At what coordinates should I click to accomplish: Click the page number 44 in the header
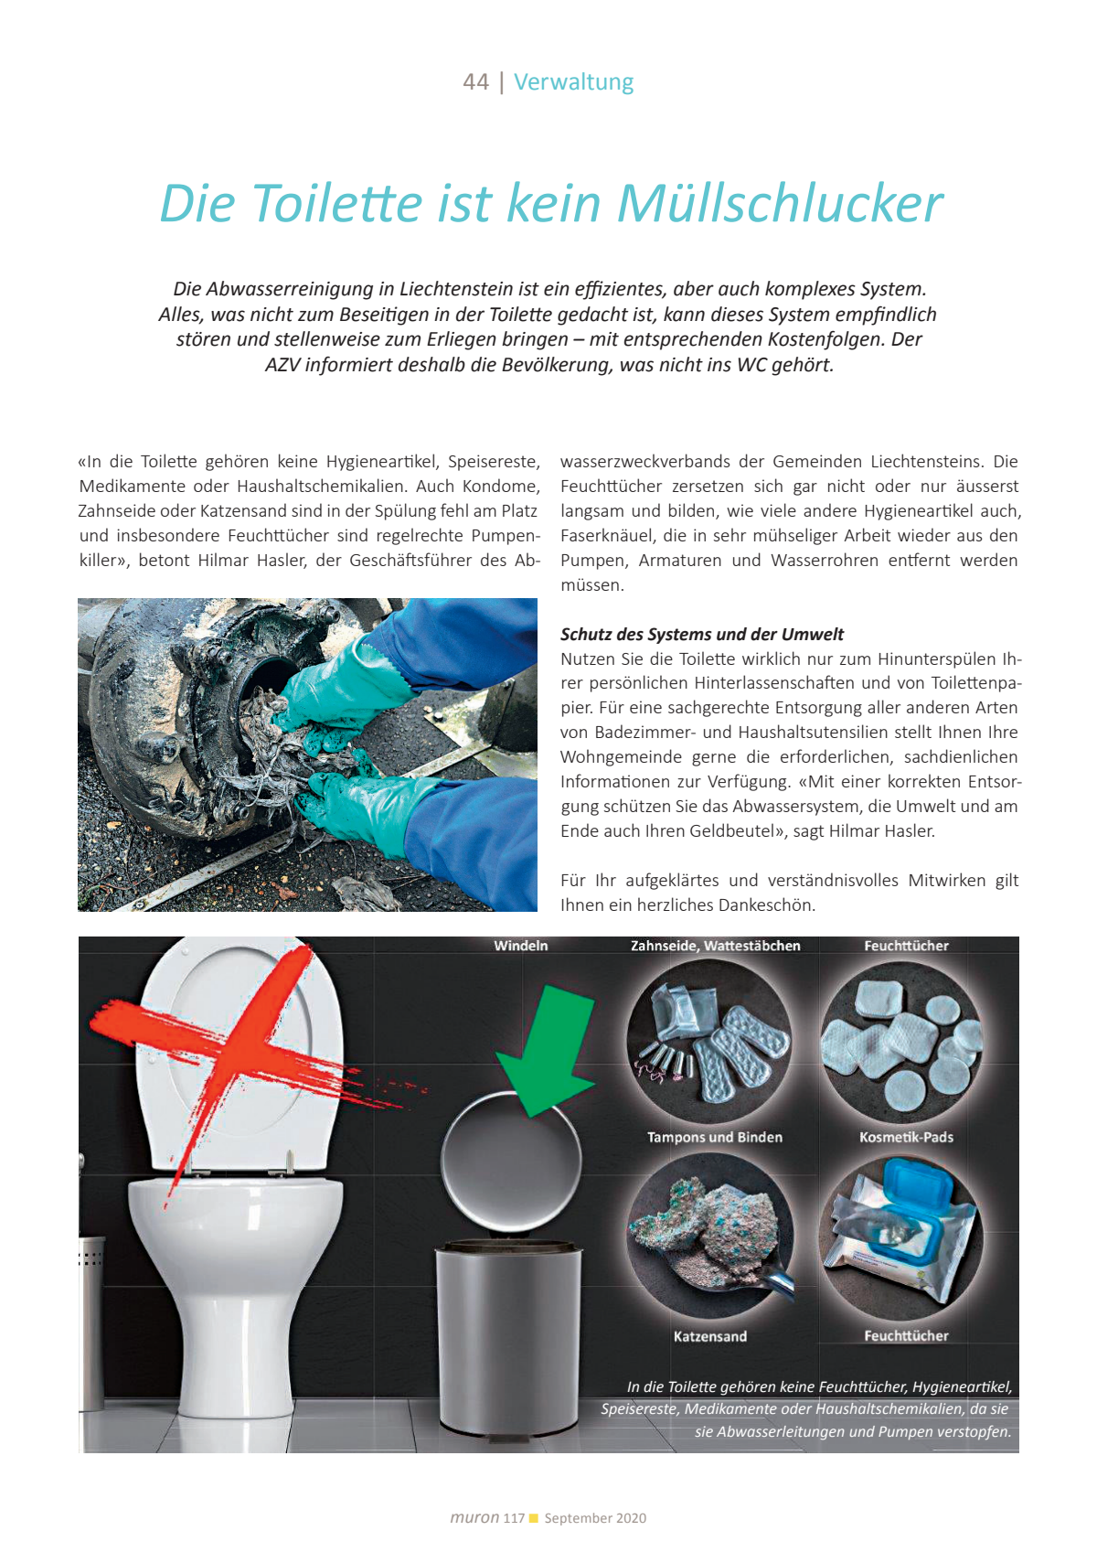click(x=475, y=82)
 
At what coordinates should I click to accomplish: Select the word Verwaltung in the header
click(x=573, y=82)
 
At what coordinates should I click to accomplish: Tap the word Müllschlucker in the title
click(x=780, y=203)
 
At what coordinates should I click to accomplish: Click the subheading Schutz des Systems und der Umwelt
click(x=701, y=634)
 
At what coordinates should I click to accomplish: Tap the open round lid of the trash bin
click(x=511, y=1161)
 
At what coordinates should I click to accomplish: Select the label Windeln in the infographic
click(x=521, y=946)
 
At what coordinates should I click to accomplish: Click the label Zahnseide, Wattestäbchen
click(x=715, y=946)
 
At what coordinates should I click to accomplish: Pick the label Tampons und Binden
click(x=714, y=1137)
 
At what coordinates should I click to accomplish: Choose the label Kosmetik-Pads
click(x=906, y=1137)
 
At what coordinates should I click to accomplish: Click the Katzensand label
click(x=710, y=1336)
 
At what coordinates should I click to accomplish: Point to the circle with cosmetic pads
click(x=902, y=1043)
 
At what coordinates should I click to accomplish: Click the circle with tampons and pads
click(x=710, y=1043)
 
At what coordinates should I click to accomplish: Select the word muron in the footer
click(x=474, y=1517)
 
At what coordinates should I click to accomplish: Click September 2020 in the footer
click(x=595, y=1518)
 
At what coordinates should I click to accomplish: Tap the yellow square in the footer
click(x=535, y=1518)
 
